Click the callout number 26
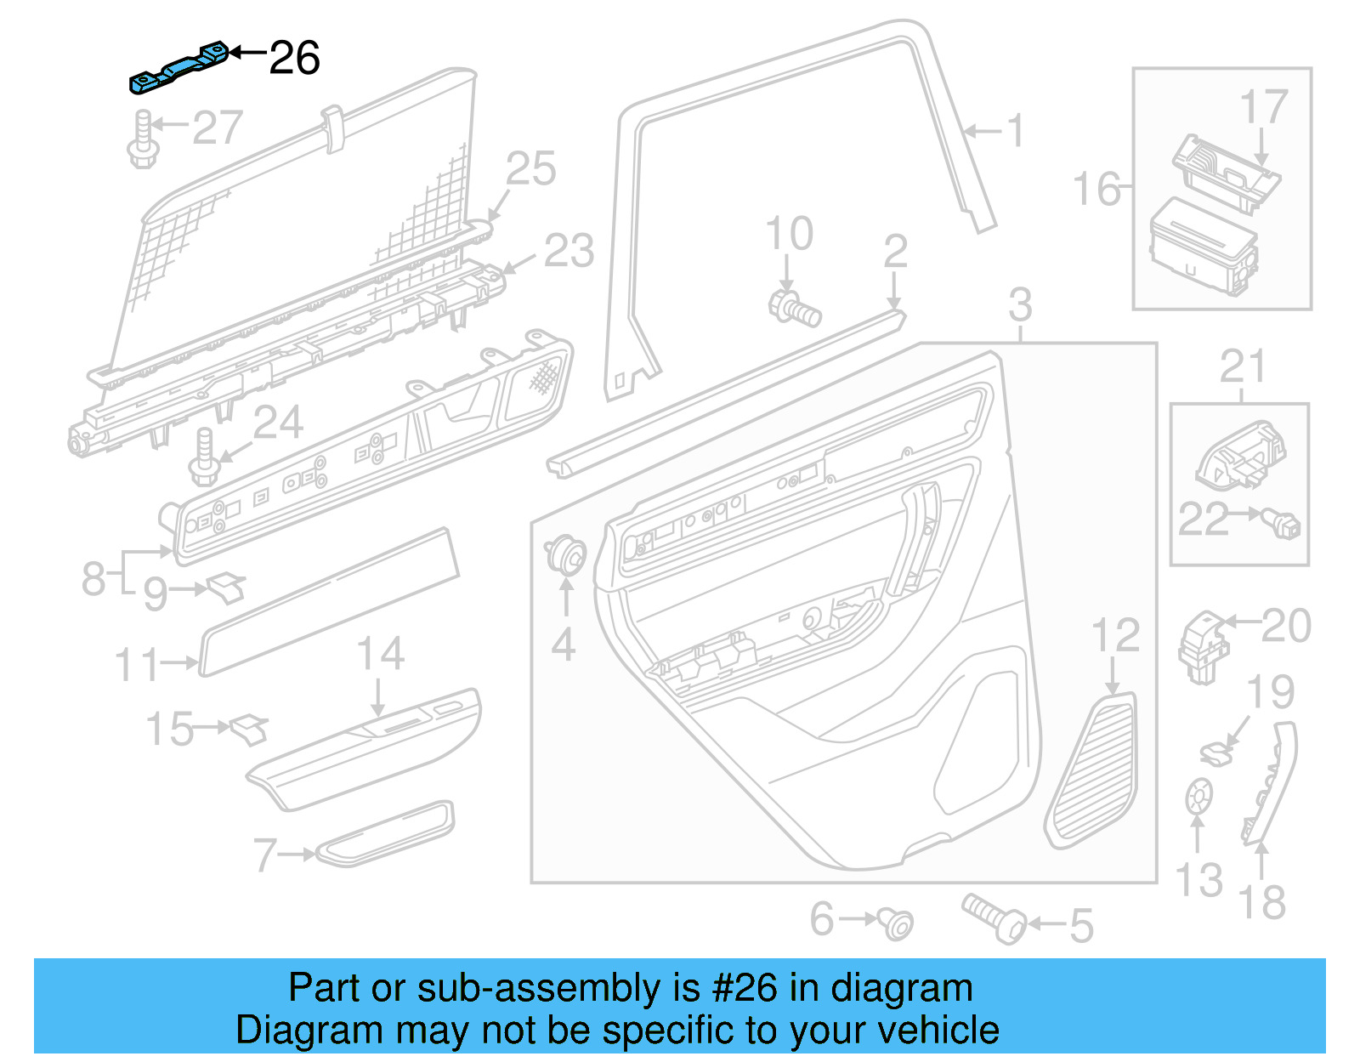click(294, 59)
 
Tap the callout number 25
click(530, 169)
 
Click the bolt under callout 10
click(795, 308)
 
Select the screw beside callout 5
click(994, 917)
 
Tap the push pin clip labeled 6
click(896, 923)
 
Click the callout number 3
click(1020, 305)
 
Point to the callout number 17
click(1263, 108)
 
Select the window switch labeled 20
click(1204, 646)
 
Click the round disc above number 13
click(1197, 796)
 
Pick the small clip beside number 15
click(248, 728)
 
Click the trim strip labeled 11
click(329, 602)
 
